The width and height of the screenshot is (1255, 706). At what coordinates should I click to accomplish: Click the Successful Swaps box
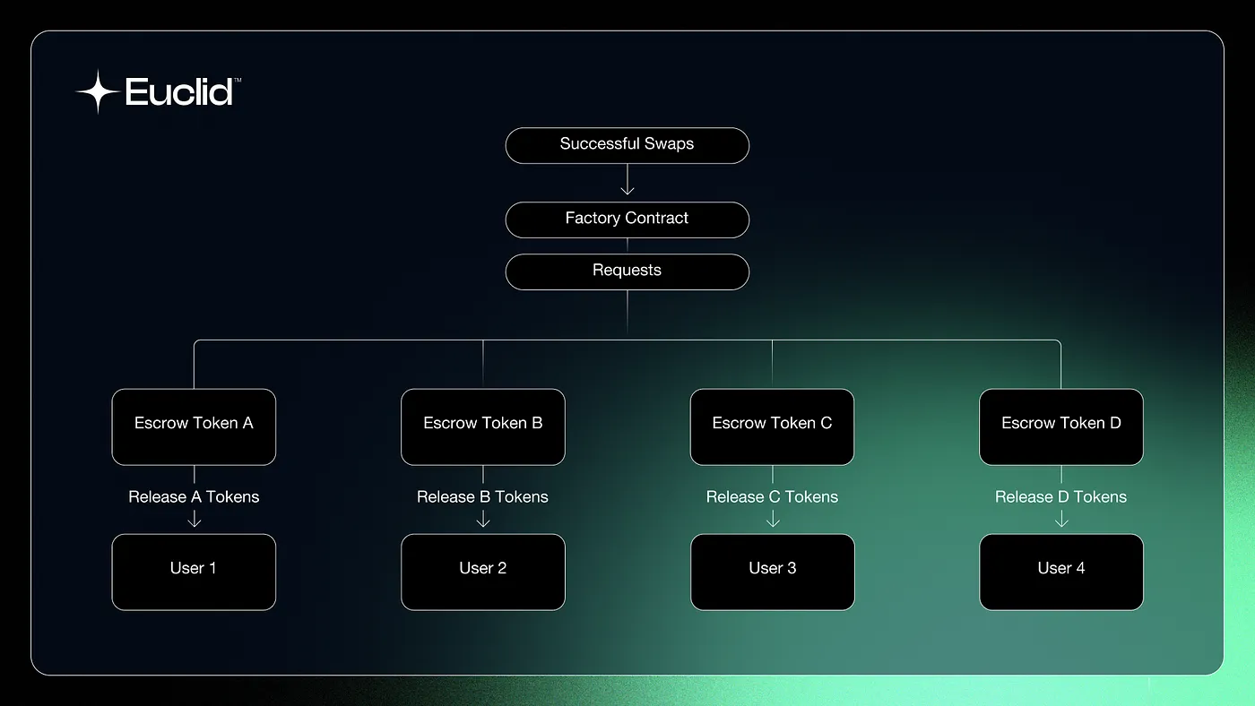627,145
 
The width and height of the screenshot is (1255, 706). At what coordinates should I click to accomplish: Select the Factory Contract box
627,220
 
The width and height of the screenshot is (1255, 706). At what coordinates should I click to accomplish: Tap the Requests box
627,271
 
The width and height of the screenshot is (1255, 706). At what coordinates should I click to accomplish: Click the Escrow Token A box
194,426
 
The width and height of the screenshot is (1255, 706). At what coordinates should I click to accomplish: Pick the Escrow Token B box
483,426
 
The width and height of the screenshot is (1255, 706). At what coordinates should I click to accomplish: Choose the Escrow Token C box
772,426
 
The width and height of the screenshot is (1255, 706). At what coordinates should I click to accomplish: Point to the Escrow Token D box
1061,426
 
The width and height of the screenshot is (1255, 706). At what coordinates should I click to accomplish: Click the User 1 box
194,572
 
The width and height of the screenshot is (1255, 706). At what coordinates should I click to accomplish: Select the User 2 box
483,572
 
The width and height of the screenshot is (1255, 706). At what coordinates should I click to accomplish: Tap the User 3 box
772,572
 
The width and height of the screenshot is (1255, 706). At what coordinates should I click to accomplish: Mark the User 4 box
1061,572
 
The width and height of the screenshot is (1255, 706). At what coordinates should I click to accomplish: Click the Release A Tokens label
194,496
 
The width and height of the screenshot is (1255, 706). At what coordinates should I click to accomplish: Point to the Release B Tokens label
483,496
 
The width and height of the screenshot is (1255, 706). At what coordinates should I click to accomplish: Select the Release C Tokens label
772,496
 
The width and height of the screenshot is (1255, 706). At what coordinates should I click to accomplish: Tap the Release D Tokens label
1061,496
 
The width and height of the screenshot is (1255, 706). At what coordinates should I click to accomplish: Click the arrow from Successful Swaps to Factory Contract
627,182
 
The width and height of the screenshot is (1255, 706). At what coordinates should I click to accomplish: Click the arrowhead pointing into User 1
194,521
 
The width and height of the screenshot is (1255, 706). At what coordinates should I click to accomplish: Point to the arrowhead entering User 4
1061,521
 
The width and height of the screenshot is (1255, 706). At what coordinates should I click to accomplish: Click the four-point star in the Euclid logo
97,91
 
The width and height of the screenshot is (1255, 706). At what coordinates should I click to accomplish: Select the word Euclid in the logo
179,92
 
